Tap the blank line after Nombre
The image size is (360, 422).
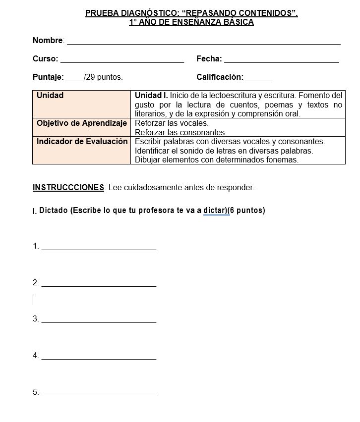pos(203,43)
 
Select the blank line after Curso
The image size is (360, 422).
pos(122,61)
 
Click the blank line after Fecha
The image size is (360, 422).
pos(281,61)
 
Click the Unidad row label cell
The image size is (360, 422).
pos(82,104)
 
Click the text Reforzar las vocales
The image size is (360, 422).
pos(172,123)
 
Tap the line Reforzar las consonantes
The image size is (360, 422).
pos(180,132)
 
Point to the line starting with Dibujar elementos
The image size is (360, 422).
pos(217,159)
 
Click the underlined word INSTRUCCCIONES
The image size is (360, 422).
pos(68,187)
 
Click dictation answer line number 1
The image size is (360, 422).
pos(99,248)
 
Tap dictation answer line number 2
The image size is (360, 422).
pos(99,285)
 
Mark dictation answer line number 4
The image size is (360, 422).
pos(99,358)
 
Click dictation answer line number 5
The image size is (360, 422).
pos(99,394)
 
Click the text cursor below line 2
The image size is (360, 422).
pos(33,301)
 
